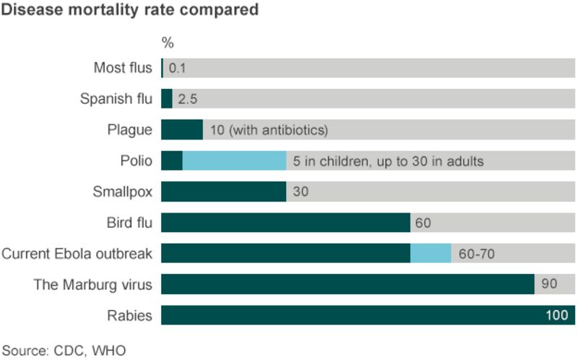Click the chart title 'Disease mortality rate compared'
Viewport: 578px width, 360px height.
(130, 11)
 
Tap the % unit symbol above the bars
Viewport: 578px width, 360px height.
(167, 43)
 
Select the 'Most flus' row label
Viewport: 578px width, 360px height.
(123, 68)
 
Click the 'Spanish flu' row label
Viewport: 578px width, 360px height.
(116, 99)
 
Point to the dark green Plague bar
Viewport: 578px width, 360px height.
(181, 130)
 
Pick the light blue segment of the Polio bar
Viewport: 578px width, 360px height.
(234, 160)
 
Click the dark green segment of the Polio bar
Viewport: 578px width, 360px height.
(171, 160)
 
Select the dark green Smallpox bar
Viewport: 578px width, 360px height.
(223, 192)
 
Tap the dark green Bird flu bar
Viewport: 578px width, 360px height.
(285, 223)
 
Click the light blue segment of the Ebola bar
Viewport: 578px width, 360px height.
(431, 253)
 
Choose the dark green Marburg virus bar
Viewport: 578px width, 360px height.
(347, 284)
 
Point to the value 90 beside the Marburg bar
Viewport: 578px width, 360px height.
(549, 284)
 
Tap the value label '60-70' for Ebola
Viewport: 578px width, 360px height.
(476, 254)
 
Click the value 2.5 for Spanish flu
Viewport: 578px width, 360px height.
(188, 99)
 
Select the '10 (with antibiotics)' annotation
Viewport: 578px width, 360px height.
(269, 130)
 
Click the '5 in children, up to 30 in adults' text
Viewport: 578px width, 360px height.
(388, 160)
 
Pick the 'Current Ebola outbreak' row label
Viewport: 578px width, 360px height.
(77, 254)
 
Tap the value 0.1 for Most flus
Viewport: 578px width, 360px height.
(178, 69)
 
